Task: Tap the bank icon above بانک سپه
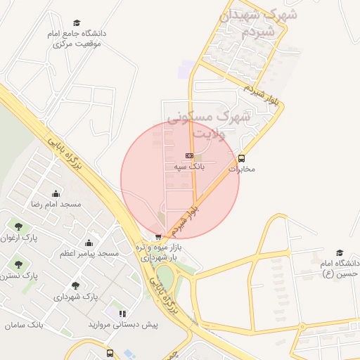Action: pos(188,155)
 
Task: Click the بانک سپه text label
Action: pos(188,167)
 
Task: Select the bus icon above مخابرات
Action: pos(242,158)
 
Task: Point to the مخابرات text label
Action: pos(242,169)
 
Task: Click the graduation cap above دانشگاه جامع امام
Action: pos(77,22)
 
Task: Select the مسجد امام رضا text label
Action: pos(56,204)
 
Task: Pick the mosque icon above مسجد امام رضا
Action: pos(56,193)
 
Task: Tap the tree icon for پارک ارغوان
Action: pos(18,226)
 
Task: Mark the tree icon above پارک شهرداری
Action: pos(75,285)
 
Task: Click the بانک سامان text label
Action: pos(24,326)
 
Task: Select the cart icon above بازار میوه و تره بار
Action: pos(158,237)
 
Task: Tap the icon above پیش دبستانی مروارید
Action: pos(122,314)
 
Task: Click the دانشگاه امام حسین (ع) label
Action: pos(340,268)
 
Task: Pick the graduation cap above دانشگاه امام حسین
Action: pos(340,252)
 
